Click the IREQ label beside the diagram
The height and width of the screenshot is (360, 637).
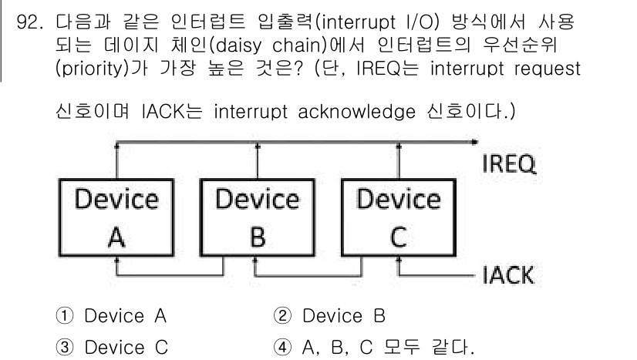[x=510, y=165]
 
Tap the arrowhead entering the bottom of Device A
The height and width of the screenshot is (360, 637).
[x=116, y=261]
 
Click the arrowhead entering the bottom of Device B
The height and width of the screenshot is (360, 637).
[x=257, y=261]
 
